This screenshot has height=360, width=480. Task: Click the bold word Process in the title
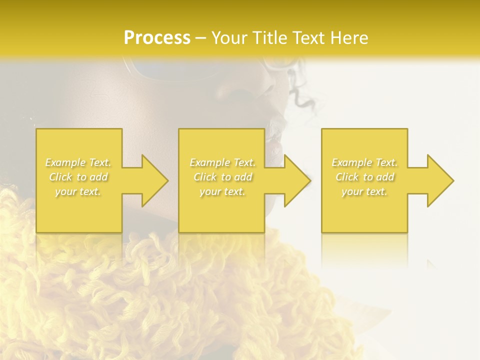157,38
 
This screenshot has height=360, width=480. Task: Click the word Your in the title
229,38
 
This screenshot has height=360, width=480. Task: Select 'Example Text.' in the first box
78,162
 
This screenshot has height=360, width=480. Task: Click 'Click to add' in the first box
78,177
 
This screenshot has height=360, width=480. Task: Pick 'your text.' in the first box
78,191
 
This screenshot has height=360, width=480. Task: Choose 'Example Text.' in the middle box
222,162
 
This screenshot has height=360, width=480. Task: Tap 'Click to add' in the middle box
222,177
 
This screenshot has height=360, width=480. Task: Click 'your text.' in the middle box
222,191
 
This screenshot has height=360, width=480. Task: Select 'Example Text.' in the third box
364,162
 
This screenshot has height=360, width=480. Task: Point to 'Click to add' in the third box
364,177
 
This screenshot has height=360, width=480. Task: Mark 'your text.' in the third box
364,191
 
